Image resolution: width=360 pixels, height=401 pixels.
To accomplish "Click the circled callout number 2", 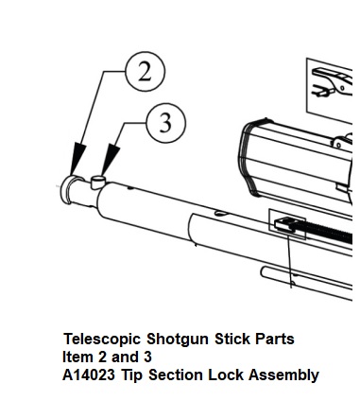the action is click(146, 72).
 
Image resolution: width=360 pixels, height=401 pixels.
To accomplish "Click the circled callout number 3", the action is click(166, 123).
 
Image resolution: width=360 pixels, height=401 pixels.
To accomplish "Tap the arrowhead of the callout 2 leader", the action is click(77, 159).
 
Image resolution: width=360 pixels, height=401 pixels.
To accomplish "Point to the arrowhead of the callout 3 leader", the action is click(111, 160).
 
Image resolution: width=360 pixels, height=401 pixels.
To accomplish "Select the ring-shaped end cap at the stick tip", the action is click(68, 190).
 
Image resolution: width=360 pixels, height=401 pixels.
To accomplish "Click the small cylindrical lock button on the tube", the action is click(98, 182).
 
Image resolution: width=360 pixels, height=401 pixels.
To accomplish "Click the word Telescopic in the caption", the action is click(102, 340).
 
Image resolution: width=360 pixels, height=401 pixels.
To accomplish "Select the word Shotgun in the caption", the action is click(178, 340).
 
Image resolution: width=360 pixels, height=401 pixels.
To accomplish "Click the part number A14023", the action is click(89, 375).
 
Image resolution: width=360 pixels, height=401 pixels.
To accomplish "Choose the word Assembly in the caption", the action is click(283, 376).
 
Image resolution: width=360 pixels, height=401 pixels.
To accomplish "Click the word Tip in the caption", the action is click(131, 376).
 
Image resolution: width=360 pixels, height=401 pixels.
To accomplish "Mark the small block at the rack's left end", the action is click(284, 224).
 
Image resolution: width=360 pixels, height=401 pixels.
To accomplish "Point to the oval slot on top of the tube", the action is click(221, 214).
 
